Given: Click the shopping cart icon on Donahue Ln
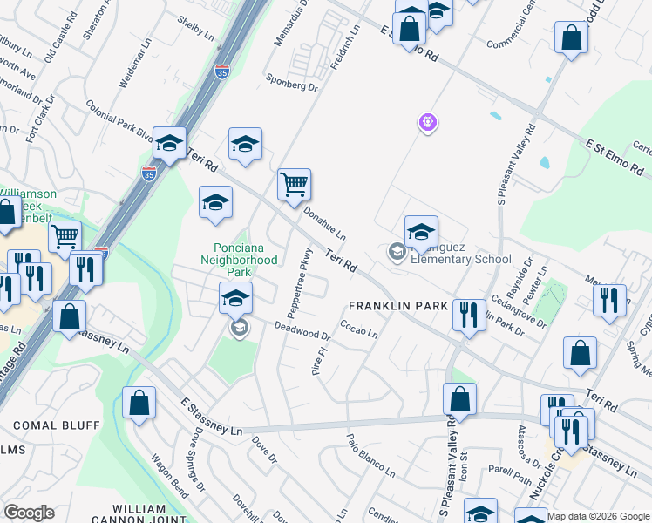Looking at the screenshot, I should [x=295, y=184].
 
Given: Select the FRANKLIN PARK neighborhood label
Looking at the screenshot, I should [x=397, y=306].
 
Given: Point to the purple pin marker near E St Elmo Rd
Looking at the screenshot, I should [x=426, y=124].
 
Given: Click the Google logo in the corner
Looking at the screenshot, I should [x=29, y=512].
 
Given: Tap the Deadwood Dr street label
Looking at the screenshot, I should [x=302, y=331].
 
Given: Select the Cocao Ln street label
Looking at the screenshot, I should [x=358, y=332].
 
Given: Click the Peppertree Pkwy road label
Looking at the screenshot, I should [x=296, y=283].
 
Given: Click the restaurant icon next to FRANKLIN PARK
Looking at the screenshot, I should [x=469, y=315].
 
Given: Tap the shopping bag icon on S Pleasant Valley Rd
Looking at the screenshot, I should [x=459, y=399].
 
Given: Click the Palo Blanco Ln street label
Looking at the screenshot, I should [x=370, y=455].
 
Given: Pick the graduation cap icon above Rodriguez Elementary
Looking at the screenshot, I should [x=421, y=231].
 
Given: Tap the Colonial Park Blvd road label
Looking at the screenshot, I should [x=119, y=119].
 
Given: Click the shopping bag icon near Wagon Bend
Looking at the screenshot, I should [x=139, y=403].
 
